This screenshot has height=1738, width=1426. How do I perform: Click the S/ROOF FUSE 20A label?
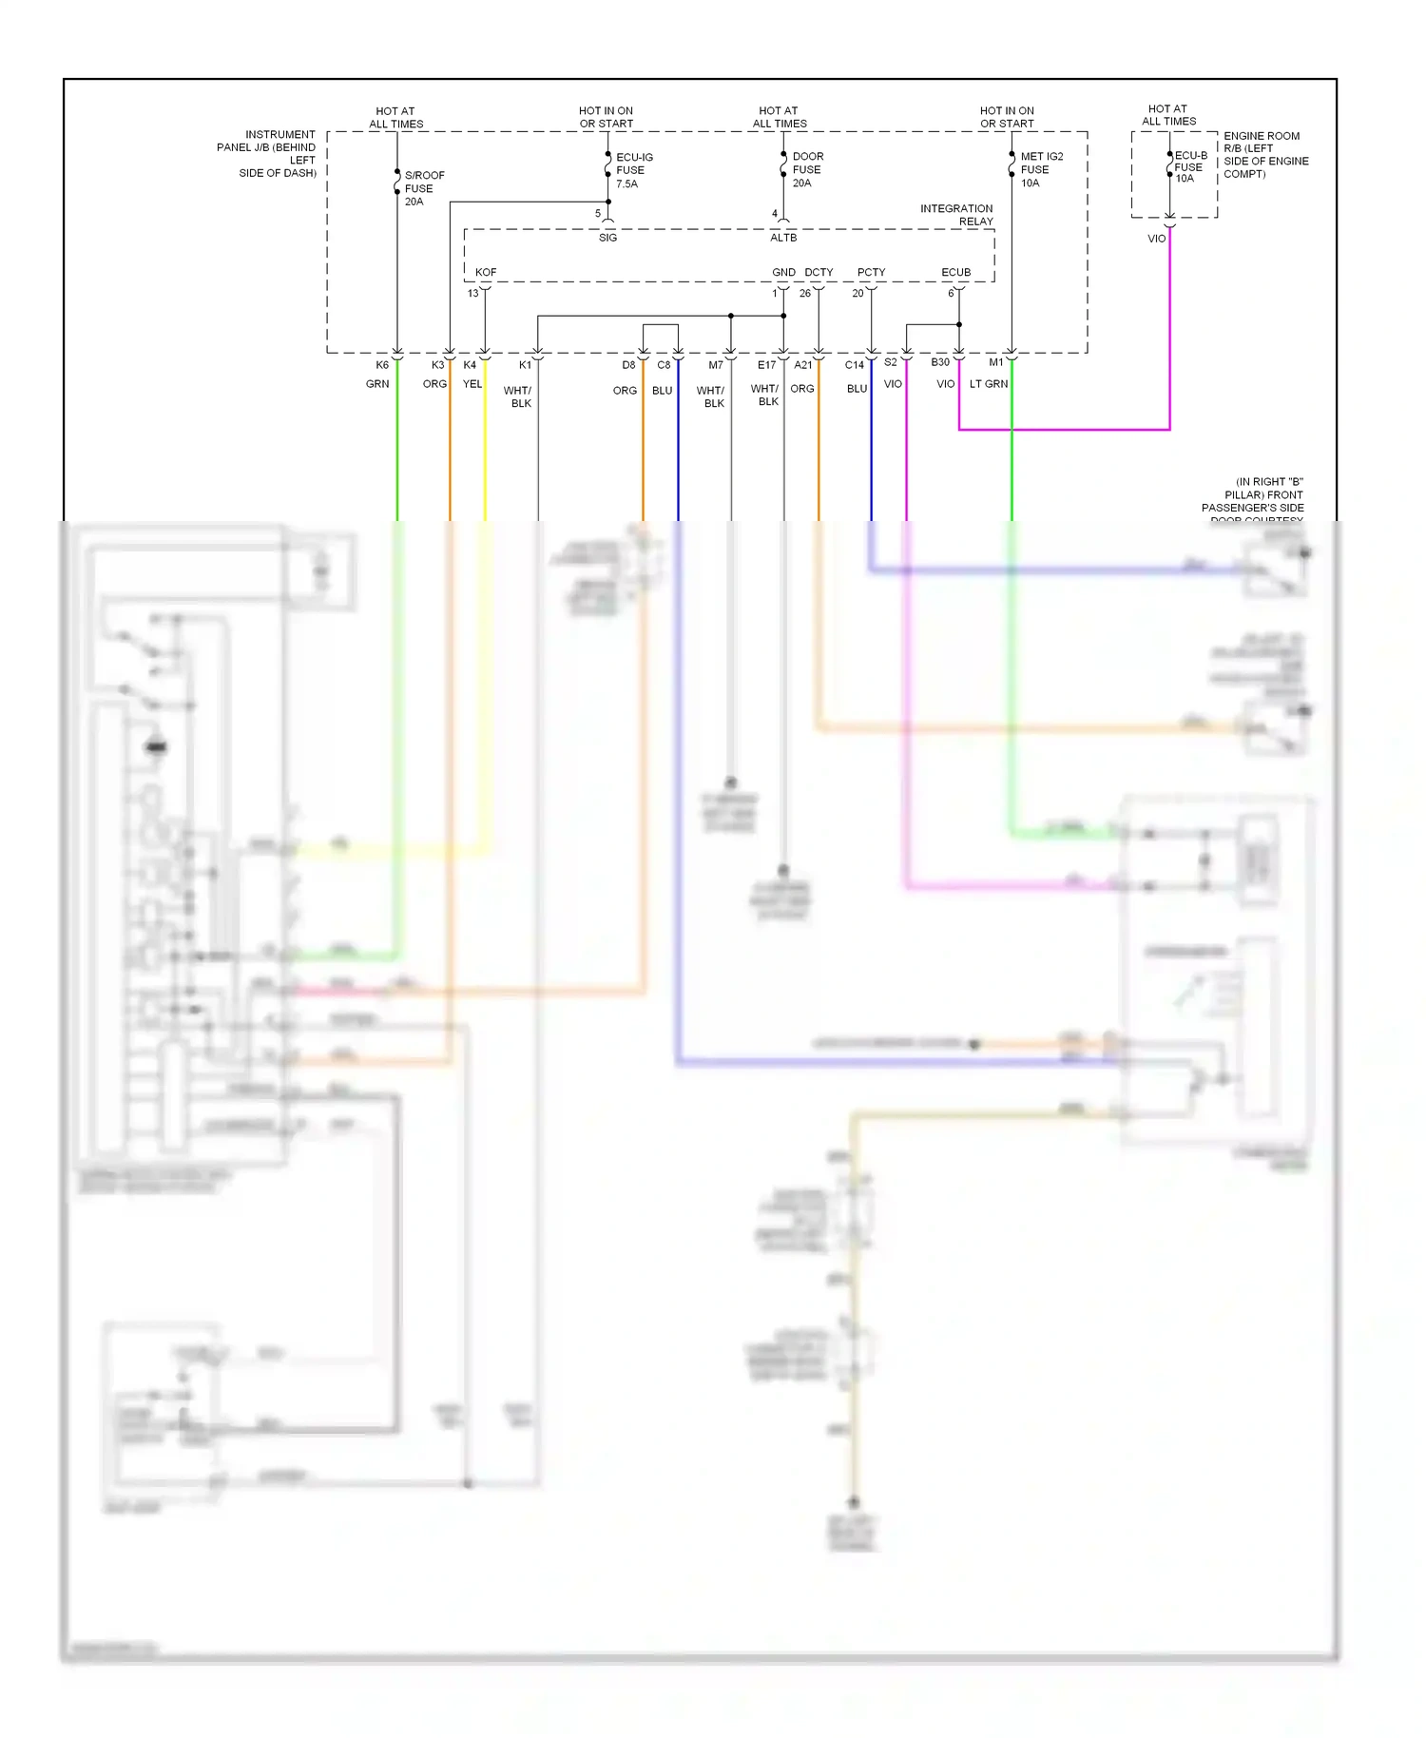423,188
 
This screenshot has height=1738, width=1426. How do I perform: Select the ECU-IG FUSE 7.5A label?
633,170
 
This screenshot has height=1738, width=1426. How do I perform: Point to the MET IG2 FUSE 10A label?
1040,169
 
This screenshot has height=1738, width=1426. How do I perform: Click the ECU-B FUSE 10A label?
1189,166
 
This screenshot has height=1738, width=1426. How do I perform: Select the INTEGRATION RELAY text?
957,215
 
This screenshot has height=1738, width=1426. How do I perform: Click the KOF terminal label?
486,272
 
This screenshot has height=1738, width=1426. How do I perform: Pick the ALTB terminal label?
783,238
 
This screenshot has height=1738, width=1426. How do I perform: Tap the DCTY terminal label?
819,272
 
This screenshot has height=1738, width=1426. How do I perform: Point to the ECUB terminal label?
955,272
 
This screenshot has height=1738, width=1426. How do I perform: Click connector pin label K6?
382,365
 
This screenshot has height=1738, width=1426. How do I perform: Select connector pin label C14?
854,365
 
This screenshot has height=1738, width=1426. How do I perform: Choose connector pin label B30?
939,362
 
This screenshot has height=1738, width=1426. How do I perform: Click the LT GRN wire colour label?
988,384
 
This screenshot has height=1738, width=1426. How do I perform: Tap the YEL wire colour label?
472,384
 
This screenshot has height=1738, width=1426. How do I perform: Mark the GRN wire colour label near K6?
377,384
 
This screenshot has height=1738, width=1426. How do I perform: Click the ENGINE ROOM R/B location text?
1264,154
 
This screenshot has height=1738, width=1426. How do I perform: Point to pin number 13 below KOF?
472,293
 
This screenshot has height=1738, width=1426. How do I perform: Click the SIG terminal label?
607,238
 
